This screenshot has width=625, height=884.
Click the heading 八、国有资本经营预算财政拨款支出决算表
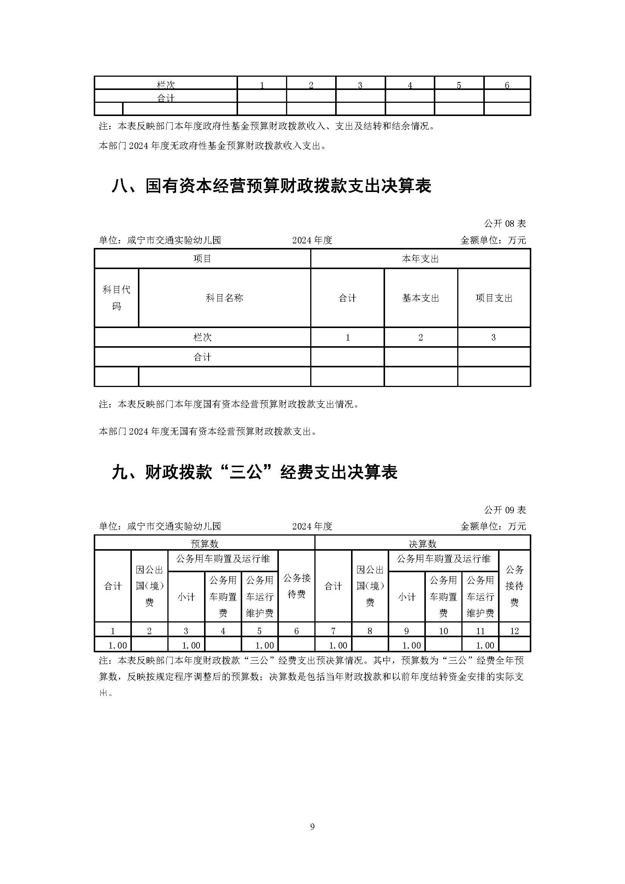(271, 186)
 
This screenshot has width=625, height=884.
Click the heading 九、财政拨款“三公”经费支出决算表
(254, 472)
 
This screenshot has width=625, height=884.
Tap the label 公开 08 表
(504, 224)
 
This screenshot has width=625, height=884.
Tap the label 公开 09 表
(504, 510)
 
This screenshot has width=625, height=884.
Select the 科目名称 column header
(224, 298)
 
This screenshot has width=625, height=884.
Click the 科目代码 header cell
(116, 297)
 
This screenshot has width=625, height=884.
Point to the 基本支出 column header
(421, 298)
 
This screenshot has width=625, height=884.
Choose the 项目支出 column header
(494, 298)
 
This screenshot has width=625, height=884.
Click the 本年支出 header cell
(420, 259)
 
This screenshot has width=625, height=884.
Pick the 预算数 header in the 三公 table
(204, 543)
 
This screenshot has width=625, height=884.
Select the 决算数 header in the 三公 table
(422, 543)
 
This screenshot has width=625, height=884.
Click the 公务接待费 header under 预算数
(296, 586)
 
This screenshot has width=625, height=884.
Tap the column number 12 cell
(514, 631)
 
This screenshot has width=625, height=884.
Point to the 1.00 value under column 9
(412, 645)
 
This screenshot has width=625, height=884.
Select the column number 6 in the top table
(507, 85)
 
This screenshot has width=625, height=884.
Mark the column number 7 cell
(333, 631)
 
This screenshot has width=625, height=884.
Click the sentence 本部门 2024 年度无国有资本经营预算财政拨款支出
(208, 432)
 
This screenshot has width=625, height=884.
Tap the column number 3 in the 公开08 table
(494, 337)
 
